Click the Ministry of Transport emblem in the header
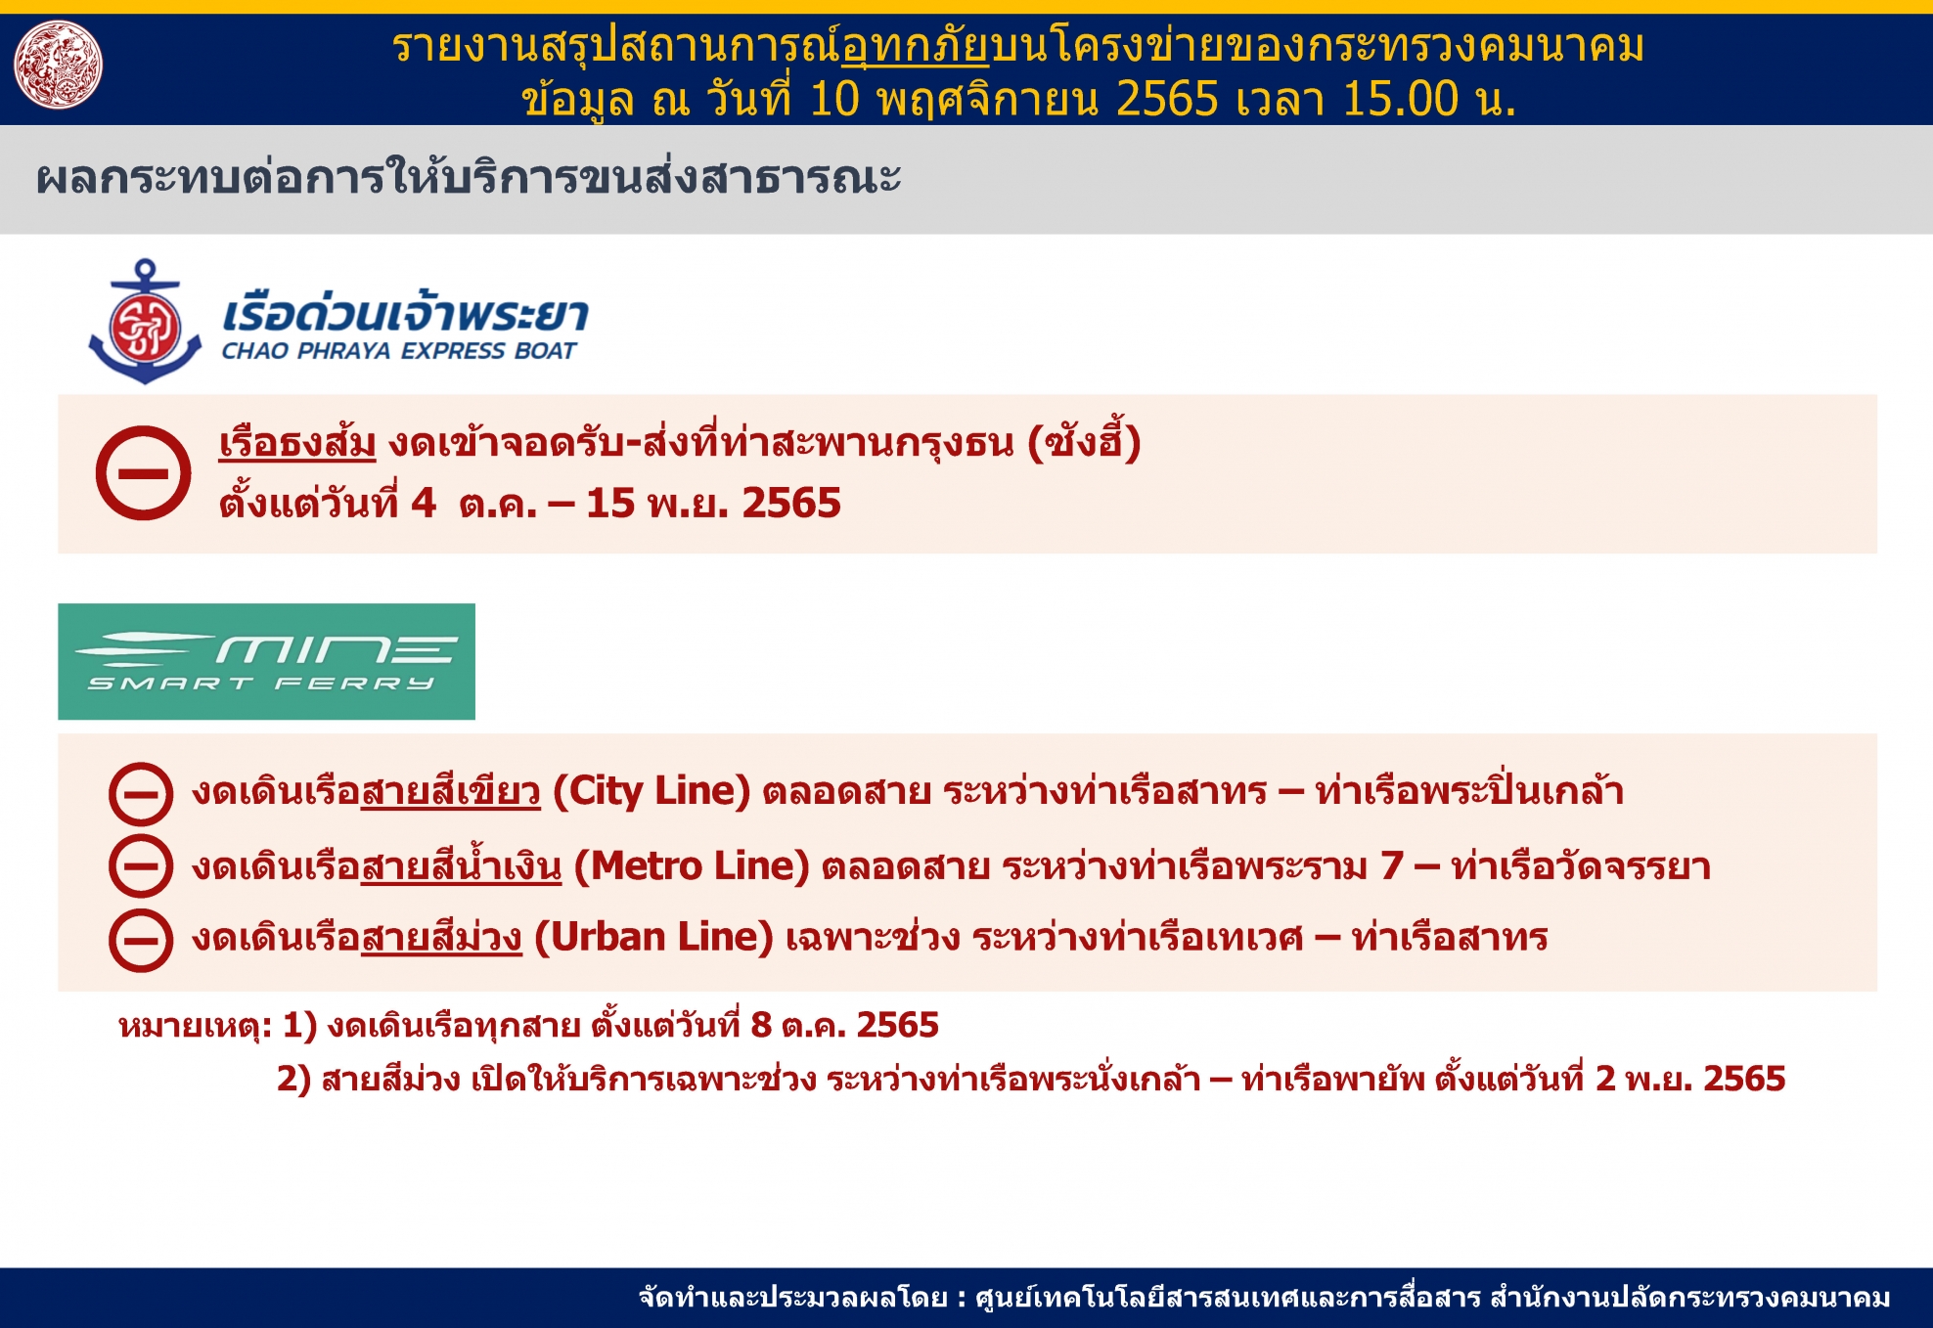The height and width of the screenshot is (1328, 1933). click(59, 65)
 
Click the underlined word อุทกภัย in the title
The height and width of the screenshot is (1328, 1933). click(916, 46)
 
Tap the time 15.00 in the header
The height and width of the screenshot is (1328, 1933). click(1400, 99)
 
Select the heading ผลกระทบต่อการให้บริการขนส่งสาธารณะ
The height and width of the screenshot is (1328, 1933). click(469, 178)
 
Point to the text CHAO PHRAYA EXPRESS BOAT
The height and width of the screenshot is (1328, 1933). click(399, 351)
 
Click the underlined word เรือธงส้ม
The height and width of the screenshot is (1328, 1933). click(297, 443)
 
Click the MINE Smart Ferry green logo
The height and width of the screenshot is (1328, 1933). click(266, 661)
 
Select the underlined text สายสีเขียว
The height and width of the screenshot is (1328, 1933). click(451, 790)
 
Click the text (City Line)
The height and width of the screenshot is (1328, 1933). click(652, 790)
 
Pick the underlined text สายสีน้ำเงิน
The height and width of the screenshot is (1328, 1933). click(462, 864)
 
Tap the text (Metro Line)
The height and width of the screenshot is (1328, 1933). click(692, 865)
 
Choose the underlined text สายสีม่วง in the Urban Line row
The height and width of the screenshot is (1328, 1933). click(441, 937)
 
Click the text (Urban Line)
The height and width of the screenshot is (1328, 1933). click(653, 937)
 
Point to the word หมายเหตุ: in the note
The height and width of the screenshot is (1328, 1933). click(195, 1025)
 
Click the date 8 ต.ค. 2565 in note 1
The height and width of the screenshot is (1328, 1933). click(844, 1025)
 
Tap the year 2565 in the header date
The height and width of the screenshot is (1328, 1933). click(1167, 99)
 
